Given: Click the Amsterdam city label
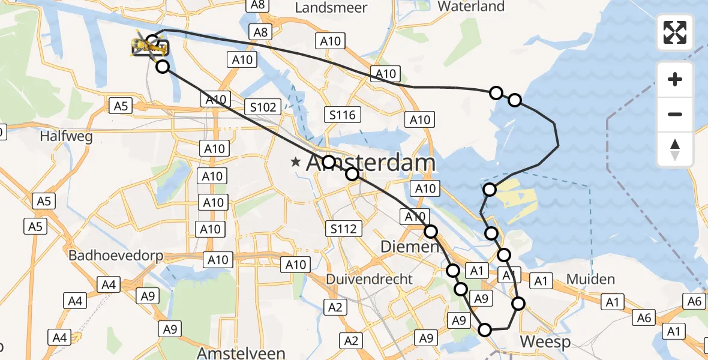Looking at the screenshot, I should click(x=371, y=163).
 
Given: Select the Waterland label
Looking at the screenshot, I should click(x=471, y=7).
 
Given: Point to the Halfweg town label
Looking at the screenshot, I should click(x=66, y=136).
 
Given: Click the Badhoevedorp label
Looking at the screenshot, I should click(x=116, y=256).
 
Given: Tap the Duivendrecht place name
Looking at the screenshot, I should click(x=369, y=279).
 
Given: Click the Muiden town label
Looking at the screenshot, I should click(x=590, y=279).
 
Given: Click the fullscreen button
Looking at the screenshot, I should click(x=675, y=32).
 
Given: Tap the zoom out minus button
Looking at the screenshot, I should click(x=675, y=114).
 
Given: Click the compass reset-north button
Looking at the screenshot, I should click(x=675, y=149).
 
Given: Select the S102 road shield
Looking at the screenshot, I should click(x=263, y=107).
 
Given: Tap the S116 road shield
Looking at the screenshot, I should click(x=343, y=115).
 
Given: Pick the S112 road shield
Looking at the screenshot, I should click(x=343, y=228).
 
